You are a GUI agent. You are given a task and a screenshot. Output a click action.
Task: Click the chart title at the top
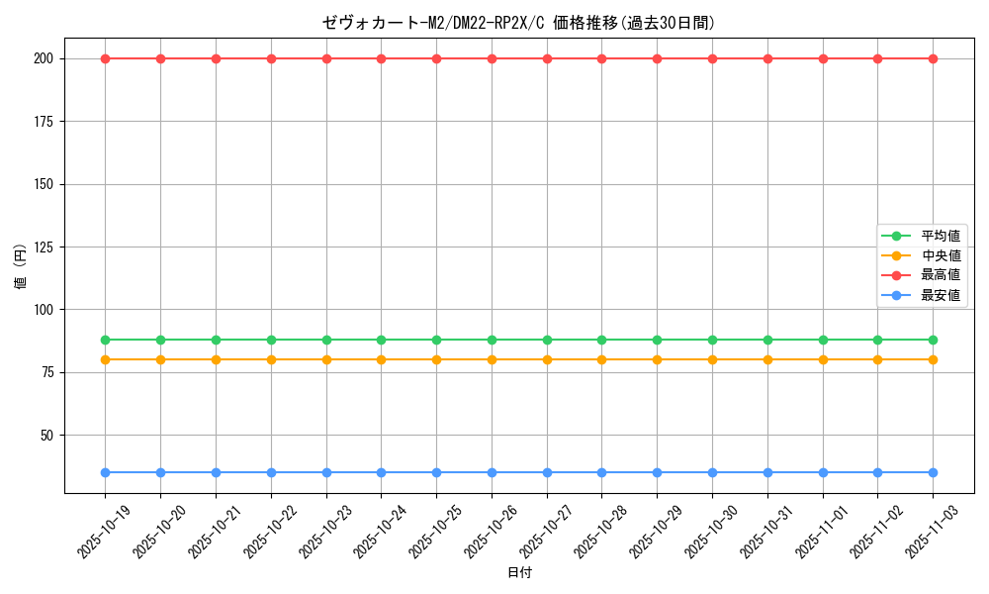(x=519, y=23)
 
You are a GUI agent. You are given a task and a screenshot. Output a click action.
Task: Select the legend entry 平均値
(x=940, y=236)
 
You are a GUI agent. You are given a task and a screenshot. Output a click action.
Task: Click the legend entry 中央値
(x=940, y=255)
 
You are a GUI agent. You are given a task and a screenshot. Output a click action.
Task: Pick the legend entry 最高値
(x=940, y=275)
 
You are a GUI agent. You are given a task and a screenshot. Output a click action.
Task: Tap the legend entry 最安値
(x=940, y=295)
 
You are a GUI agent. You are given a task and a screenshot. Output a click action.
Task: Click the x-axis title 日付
(x=519, y=573)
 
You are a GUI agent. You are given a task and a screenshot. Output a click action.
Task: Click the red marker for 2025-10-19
(x=106, y=58)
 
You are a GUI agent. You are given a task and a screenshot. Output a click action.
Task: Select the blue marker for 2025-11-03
(x=933, y=472)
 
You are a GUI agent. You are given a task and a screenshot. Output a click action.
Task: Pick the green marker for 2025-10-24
(x=382, y=340)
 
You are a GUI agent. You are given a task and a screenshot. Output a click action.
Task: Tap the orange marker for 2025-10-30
(x=712, y=359)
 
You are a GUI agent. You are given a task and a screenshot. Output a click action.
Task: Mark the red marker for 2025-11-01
(x=823, y=58)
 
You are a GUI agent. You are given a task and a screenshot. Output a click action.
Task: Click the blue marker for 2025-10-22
(x=271, y=472)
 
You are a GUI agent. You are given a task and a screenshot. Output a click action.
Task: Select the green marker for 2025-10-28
(x=602, y=340)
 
